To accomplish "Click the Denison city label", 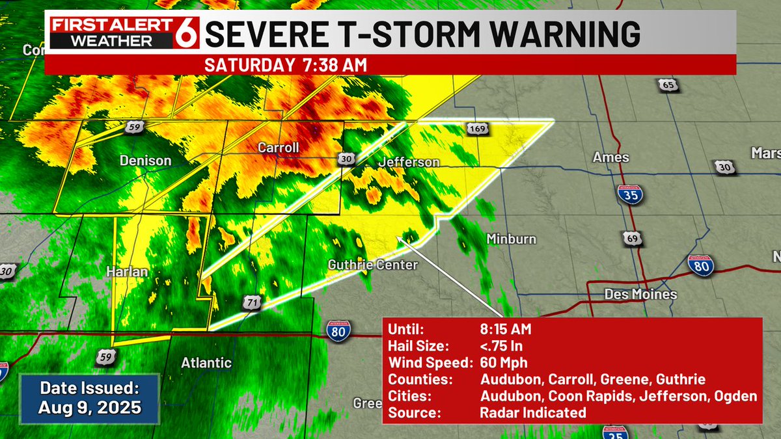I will click(145, 161).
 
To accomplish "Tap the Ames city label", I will click(610, 157).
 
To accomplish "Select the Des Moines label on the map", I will click(640, 294).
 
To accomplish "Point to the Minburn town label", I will click(512, 239).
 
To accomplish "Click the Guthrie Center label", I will click(372, 265).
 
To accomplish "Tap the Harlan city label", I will click(128, 271).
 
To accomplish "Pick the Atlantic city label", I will click(206, 363).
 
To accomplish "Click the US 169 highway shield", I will click(476, 131).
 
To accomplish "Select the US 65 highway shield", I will click(667, 85).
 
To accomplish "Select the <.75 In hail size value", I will click(501, 345).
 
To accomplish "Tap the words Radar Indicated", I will click(532, 412).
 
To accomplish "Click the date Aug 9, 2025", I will click(89, 409).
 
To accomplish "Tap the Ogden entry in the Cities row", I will click(737, 396).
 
